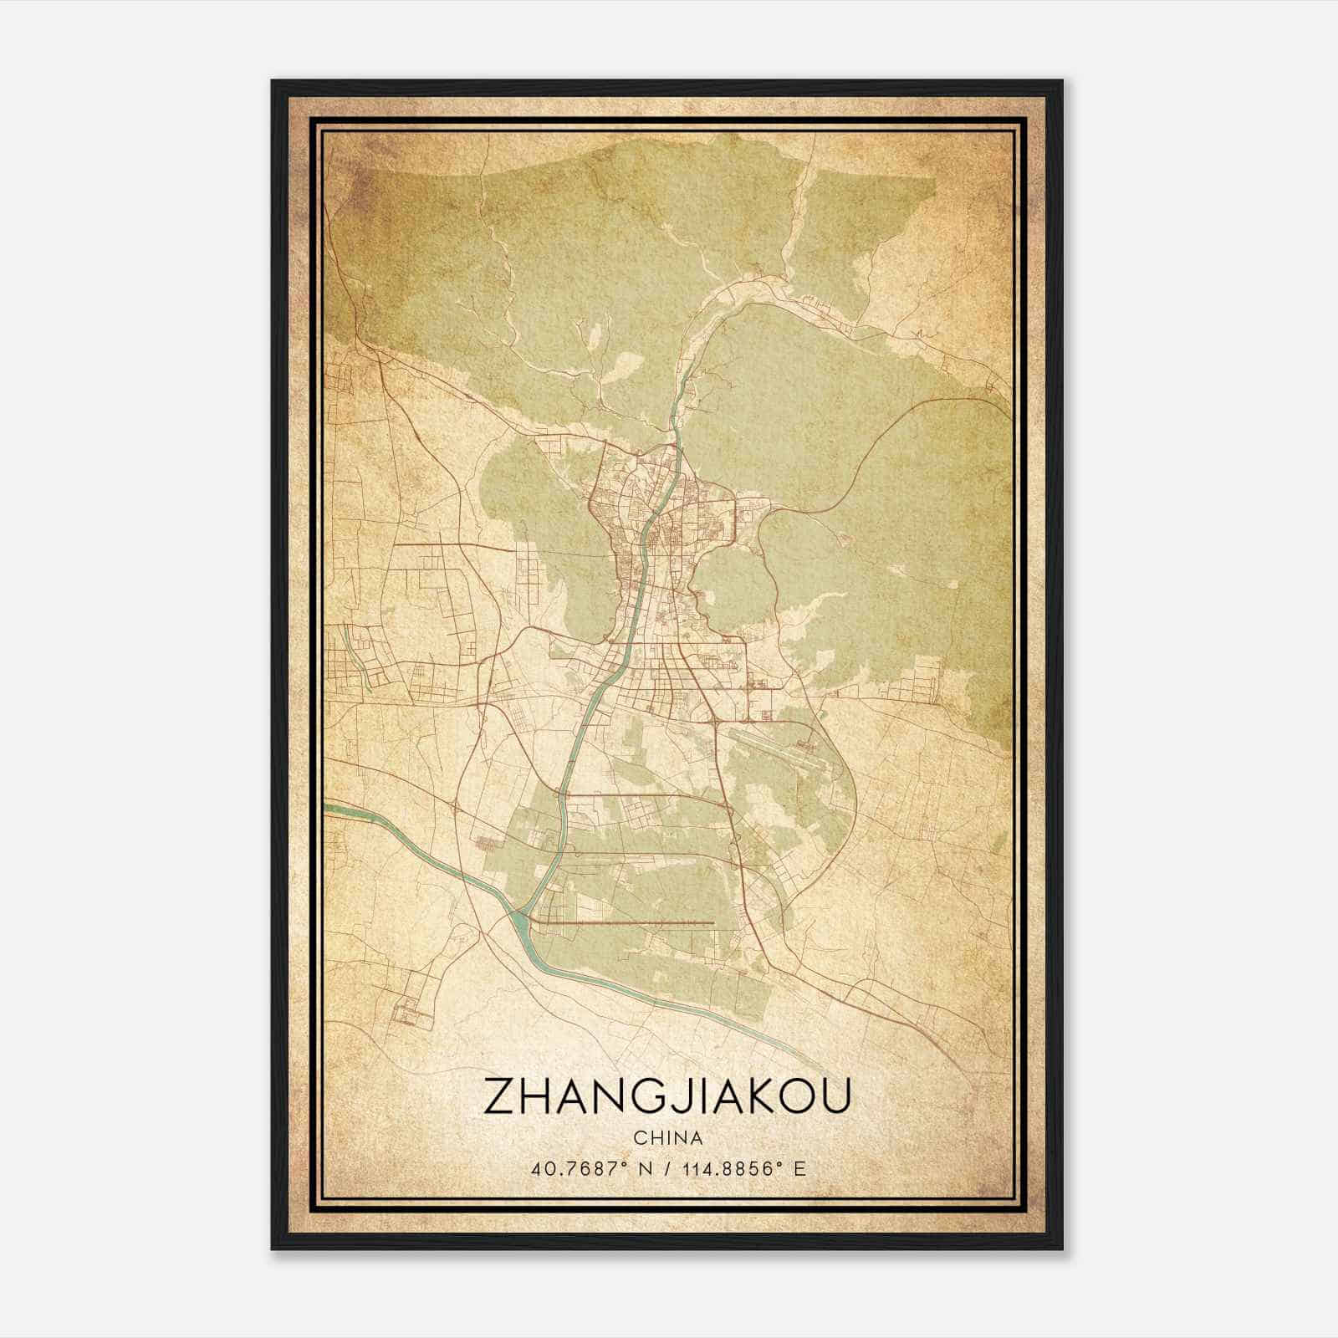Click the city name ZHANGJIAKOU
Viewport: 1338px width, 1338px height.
click(666, 1097)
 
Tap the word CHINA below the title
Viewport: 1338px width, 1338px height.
click(667, 1138)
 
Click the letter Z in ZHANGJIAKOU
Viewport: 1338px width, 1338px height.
click(499, 1097)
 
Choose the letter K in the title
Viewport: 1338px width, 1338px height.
click(752, 1097)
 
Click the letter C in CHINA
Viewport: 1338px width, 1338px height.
click(640, 1138)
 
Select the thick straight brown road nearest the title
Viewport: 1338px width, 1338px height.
click(623, 923)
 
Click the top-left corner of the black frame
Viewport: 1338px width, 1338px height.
click(273, 81)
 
